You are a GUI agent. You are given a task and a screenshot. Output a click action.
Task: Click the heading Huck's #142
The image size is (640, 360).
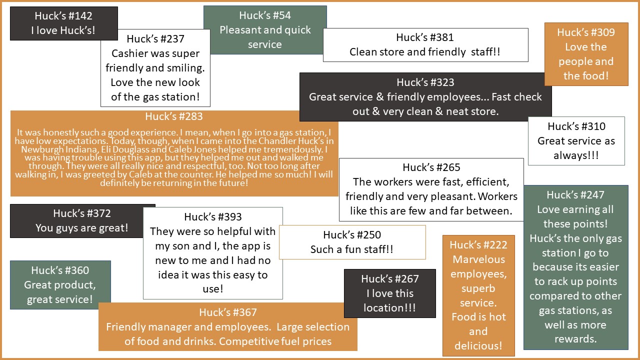point(63,16)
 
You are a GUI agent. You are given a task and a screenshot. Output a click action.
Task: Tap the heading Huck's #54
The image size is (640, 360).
point(265,15)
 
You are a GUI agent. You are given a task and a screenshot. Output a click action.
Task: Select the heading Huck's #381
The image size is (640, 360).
point(425,37)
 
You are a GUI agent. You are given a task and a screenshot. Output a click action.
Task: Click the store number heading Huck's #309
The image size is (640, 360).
point(586,32)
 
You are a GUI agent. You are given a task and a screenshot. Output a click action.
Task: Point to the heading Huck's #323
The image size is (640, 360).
point(425,82)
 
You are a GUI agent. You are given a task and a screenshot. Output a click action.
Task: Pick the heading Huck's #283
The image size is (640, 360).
point(174,117)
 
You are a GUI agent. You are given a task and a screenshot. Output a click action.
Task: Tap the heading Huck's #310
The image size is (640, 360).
point(576,126)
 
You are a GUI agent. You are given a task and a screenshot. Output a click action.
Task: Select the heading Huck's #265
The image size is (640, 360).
point(431,167)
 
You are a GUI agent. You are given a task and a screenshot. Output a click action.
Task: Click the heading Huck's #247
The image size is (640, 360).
point(575,195)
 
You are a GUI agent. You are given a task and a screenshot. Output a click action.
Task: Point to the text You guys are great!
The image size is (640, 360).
point(82,228)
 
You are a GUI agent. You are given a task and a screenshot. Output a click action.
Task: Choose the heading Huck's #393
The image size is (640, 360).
point(212,217)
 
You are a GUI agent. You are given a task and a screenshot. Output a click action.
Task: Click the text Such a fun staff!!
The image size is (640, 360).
point(351,249)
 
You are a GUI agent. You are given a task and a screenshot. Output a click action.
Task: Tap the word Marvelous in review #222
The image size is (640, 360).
point(478,259)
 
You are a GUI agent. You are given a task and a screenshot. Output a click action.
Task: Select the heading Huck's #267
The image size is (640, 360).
point(389,279)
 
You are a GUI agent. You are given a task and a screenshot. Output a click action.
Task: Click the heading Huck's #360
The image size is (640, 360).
point(60,270)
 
